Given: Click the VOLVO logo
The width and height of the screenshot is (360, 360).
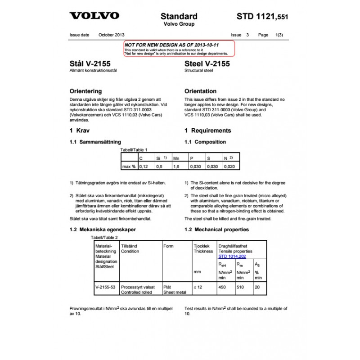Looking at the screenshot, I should (x=94, y=16).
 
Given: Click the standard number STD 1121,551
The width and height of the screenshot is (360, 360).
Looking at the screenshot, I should (x=262, y=17).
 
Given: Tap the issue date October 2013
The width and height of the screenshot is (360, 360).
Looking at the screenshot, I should (x=112, y=35).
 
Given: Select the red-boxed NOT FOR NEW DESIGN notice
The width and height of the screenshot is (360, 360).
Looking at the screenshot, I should (x=179, y=49).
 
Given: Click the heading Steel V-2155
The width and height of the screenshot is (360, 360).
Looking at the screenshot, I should (x=207, y=64).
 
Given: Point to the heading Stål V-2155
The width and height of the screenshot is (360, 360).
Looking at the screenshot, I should (x=90, y=64).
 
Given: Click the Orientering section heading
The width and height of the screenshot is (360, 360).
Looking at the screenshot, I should (x=85, y=91).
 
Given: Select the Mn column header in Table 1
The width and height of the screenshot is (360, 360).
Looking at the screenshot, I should (x=176, y=158).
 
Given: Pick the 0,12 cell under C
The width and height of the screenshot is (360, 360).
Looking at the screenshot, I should (x=144, y=166).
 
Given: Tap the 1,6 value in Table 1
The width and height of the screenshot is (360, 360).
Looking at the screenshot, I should (x=176, y=166).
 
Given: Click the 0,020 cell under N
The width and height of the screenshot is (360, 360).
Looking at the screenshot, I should (x=229, y=166).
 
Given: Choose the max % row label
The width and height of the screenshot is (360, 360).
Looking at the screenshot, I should (x=129, y=166).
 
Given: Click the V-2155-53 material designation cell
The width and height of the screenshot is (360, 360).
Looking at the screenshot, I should (x=105, y=287).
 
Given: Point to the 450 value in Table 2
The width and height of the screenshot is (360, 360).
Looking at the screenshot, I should (x=222, y=287).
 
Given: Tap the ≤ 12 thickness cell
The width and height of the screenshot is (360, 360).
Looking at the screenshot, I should (x=198, y=287).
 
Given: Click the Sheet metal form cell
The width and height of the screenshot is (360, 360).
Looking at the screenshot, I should (x=174, y=292).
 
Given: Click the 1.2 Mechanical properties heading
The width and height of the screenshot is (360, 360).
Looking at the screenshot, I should (x=216, y=229).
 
